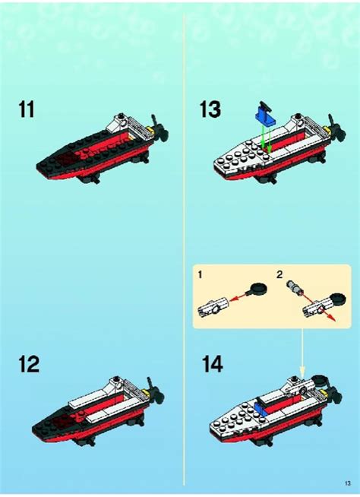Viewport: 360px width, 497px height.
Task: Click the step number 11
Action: tap(27, 110)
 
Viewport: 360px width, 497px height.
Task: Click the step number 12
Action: tap(28, 365)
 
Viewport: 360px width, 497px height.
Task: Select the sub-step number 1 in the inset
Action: tap(201, 274)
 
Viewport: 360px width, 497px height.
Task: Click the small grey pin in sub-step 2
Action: tap(294, 289)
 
